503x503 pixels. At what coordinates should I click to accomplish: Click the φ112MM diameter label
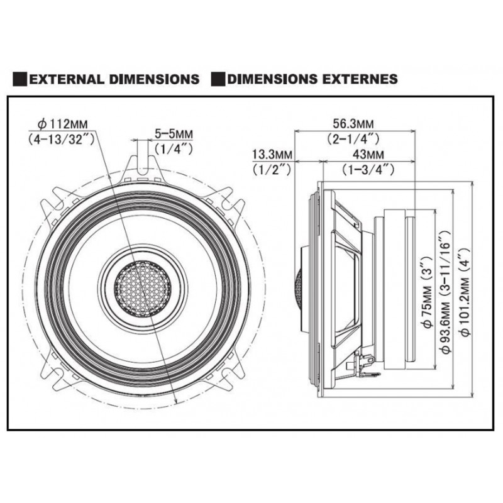pos(62,124)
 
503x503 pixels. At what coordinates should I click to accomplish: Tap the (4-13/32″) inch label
pos(61,139)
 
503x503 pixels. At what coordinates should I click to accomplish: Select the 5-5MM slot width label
pos(174,133)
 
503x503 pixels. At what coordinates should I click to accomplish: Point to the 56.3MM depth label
pos(353,123)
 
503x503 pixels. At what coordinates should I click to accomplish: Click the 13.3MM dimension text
pos(272,154)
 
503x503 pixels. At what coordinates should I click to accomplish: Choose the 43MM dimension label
pos(368,154)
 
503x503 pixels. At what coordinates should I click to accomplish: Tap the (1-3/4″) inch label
pos(368,169)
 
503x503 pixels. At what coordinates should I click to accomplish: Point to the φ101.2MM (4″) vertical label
pos(465,291)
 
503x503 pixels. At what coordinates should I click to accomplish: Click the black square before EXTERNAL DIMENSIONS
pos(20,79)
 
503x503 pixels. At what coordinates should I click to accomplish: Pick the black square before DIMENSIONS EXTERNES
pos(218,79)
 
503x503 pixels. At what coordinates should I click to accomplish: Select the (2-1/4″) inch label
pos(353,138)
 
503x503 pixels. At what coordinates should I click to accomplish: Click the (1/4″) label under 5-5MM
pos(174,148)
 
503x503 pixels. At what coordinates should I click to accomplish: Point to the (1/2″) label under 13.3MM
pos(272,169)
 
